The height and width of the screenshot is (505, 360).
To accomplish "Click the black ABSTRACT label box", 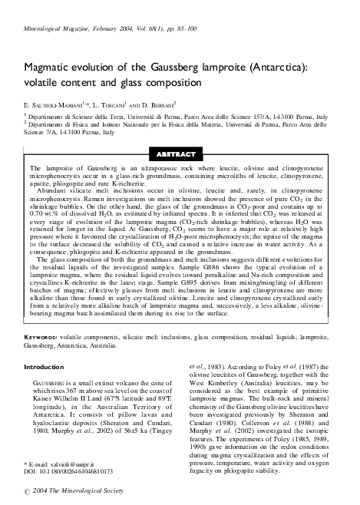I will (180, 153).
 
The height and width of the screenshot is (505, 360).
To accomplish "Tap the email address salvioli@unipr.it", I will (74, 466).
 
